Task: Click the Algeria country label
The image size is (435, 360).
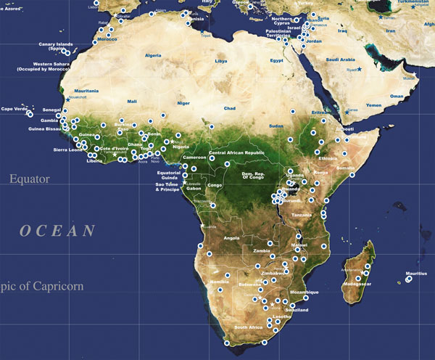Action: tap(153, 55)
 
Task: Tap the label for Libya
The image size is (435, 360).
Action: tap(220, 62)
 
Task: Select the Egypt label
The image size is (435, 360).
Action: tap(276, 60)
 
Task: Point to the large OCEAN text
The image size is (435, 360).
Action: tap(57, 231)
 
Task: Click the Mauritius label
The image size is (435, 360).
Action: tap(416, 273)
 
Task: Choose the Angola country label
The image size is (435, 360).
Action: tap(231, 237)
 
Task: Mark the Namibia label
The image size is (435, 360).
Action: tap(219, 280)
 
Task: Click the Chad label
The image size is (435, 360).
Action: tap(229, 108)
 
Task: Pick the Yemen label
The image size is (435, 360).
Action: tap(372, 105)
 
